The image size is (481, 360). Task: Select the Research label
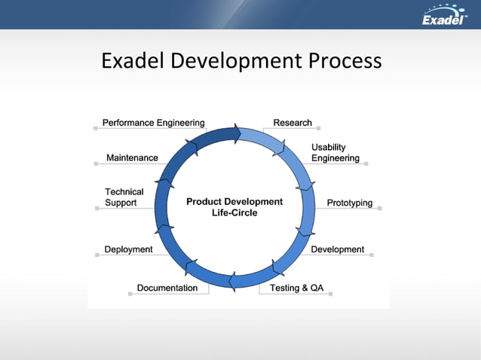pyautogui.click(x=293, y=123)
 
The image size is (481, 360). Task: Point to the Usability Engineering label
pyautogui.click(x=335, y=153)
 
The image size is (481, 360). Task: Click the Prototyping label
pyautogui.click(x=349, y=203)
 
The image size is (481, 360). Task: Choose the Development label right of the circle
pyautogui.click(x=337, y=249)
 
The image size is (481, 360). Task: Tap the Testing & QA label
pyautogui.click(x=296, y=288)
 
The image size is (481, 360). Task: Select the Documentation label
pyautogui.click(x=167, y=288)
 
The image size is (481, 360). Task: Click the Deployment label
pyautogui.click(x=128, y=249)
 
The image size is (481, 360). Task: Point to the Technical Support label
pyautogui.click(x=124, y=197)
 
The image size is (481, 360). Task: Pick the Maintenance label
pyautogui.click(x=132, y=157)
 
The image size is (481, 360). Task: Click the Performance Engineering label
pyautogui.click(x=153, y=123)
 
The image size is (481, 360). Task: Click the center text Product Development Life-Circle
pyautogui.click(x=234, y=207)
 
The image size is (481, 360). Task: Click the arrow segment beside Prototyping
pyautogui.click(x=307, y=207)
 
